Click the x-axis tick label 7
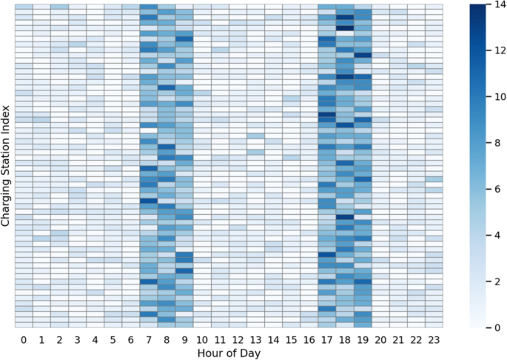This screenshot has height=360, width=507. (x=149, y=339)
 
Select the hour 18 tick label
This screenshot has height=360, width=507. (x=345, y=339)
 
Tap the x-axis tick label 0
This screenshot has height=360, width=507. (x=24, y=339)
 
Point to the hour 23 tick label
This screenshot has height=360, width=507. (x=434, y=339)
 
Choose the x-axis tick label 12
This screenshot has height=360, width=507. (x=238, y=339)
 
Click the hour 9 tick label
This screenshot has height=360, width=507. (x=184, y=339)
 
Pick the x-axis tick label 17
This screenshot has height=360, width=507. (x=327, y=339)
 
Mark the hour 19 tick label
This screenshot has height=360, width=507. (x=363, y=339)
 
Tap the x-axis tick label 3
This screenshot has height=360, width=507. (x=77, y=339)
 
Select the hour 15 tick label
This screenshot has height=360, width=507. (x=291, y=339)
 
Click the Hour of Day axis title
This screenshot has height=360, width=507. (x=229, y=353)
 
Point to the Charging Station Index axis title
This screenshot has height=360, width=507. (x=7, y=165)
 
